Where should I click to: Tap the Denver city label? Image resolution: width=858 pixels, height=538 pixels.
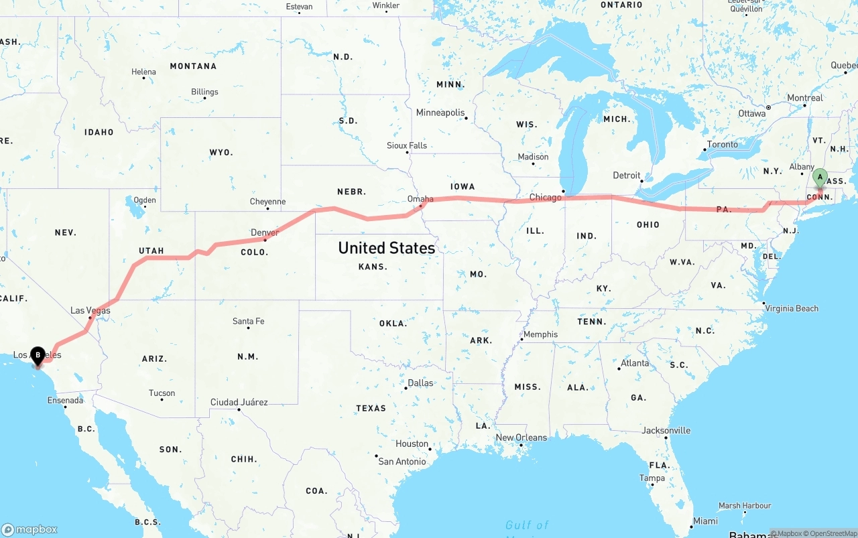click(x=264, y=232)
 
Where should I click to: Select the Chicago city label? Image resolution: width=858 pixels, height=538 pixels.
click(x=545, y=197)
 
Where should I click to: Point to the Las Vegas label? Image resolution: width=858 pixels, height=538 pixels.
click(x=90, y=310)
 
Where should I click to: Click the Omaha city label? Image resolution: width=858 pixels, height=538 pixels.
click(x=420, y=199)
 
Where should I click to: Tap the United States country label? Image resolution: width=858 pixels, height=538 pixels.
click(x=386, y=248)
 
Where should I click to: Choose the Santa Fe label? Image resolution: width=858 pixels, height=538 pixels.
click(x=248, y=321)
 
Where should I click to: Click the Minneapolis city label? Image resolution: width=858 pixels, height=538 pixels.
click(x=440, y=113)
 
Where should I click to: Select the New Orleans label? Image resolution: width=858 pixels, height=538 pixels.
click(x=521, y=438)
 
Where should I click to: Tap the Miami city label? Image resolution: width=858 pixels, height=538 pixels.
click(x=705, y=521)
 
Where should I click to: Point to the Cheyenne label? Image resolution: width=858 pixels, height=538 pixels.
click(x=267, y=201)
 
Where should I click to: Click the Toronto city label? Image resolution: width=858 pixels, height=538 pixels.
click(x=722, y=144)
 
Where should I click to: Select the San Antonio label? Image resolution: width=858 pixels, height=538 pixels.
click(x=402, y=461)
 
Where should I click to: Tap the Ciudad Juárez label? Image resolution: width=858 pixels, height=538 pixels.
click(x=239, y=402)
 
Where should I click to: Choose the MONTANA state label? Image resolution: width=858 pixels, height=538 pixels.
click(x=193, y=66)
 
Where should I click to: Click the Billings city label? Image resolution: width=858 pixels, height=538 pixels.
click(x=204, y=92)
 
